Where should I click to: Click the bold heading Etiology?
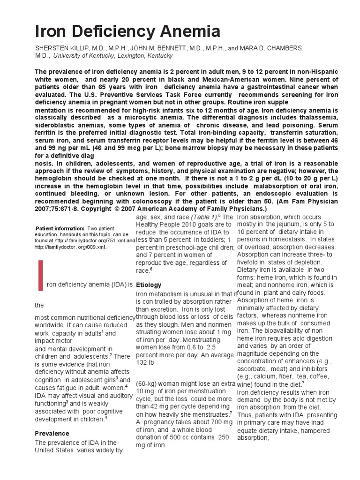[x=148, y=285]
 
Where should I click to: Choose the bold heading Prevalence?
[x=52, y=433]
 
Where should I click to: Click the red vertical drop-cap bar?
[x=40, y=275]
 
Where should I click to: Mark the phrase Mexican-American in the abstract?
[x=204, y=79]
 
